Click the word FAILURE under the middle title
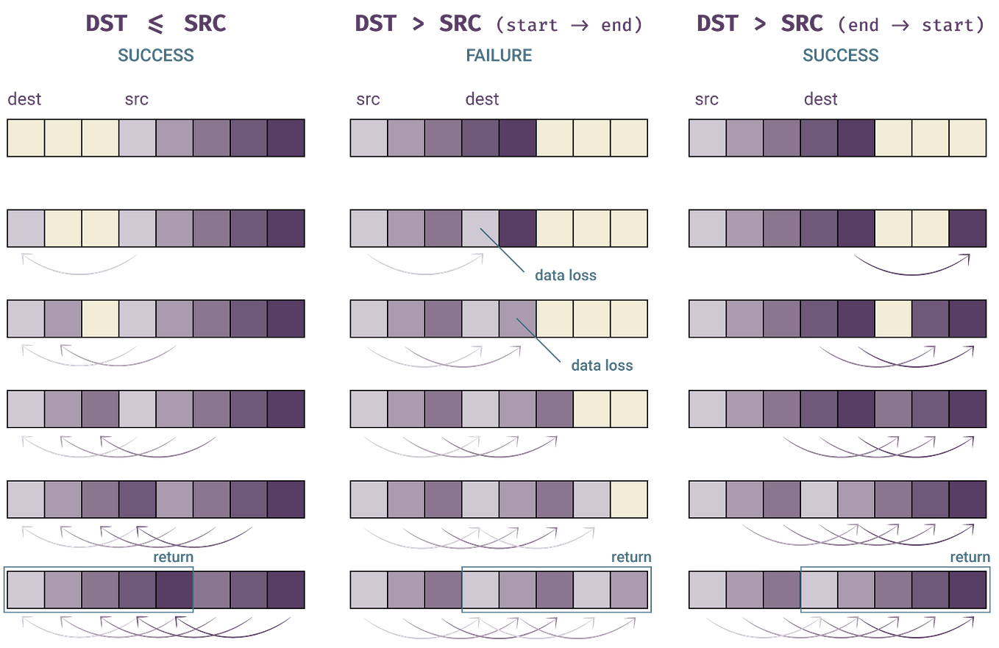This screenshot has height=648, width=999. point(499,55)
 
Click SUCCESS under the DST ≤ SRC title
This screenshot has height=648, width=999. point(155,55)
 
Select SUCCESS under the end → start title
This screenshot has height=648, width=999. point(840,55)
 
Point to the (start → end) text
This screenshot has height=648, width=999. point(569,24)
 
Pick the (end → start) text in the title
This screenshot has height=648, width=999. point(911,24)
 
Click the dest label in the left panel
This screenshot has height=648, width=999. point(24,99)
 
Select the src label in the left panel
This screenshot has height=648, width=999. point(136,99)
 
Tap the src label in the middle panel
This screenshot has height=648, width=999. point(369,99)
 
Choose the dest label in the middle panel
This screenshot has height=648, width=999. point(482,99)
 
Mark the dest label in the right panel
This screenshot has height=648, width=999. point(820,99)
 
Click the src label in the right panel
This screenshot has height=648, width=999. point(706,99)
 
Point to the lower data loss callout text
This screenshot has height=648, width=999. point(601,365)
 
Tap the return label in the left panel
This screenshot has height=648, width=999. point(172,558)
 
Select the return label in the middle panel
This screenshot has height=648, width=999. point(630,558)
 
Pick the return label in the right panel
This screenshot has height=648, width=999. point(970,558)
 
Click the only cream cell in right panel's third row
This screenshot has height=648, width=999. point(893,318)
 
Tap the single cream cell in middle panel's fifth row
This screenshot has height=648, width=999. point(629,499)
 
